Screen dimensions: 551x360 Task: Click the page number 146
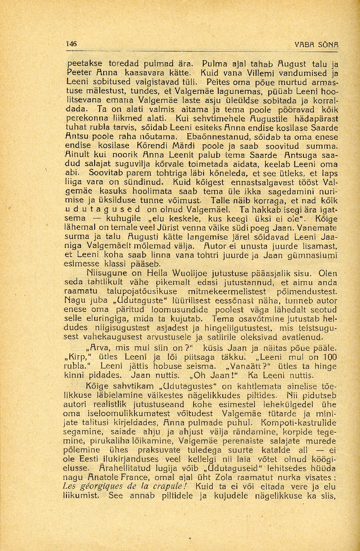[x=72, y=43]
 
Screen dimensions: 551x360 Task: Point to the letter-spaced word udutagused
[x=103, y=209]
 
